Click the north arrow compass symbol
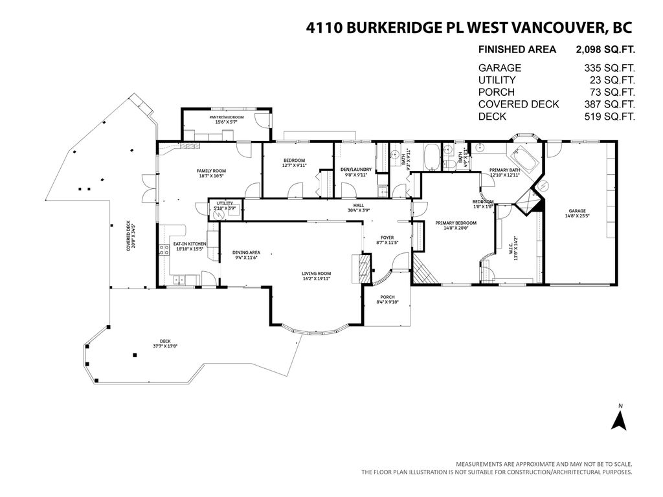click(x=620, y=421)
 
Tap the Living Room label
click(x=316, y=273)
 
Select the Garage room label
click(x=577, y=210)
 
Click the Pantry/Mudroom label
click(x=227, y=117)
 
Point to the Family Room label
click(x=211, y=170)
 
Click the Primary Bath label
click(x=505, y=170)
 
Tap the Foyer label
click(x=387, y=237)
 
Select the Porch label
click(x=387, y=297)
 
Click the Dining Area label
click(x=246, y=252)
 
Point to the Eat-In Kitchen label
click(x=189, y=245)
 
